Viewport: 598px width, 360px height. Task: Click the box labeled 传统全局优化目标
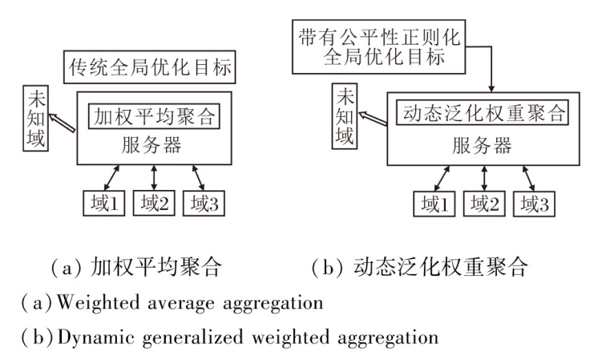point(150,68)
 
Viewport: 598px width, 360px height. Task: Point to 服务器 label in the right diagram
point(482,146)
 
